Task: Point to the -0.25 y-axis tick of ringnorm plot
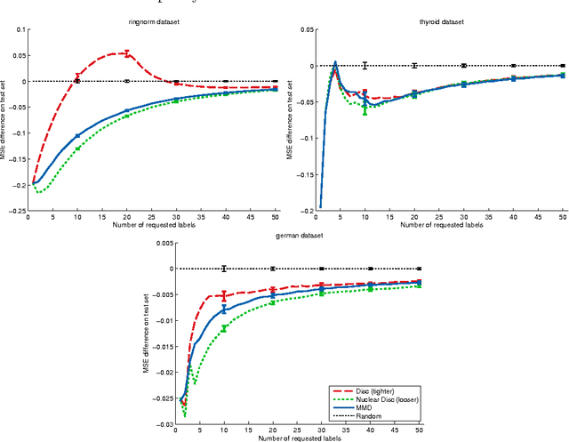(16, 210)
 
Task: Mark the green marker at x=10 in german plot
(224, 328)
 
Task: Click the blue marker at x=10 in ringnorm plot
(77, 136)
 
